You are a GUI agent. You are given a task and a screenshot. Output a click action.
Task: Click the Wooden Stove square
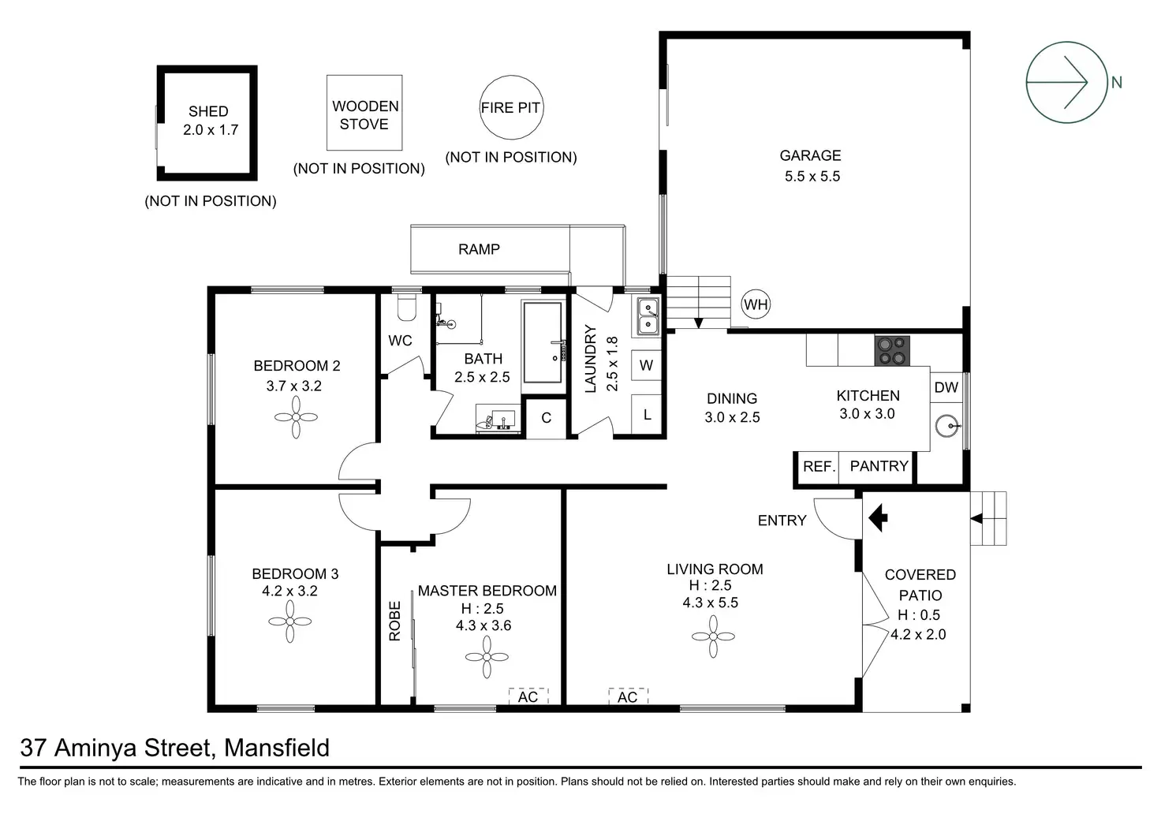point(327,113)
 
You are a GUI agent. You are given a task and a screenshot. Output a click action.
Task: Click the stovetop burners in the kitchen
point(892,351)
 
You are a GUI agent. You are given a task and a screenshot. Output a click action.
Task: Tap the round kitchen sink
point(947,426)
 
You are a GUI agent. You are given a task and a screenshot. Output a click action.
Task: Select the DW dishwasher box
point(946,387)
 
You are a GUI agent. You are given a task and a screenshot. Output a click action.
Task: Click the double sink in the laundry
point(648,316)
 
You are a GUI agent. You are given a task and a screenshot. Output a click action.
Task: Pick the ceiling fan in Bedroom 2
point(296,417)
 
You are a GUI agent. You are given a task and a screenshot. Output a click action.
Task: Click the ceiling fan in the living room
point(713,636)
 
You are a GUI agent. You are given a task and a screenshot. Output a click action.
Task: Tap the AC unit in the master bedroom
point(528,696)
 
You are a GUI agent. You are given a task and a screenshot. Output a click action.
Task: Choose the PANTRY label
point(879,466)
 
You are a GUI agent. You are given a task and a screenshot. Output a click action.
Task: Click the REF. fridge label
point(819,466)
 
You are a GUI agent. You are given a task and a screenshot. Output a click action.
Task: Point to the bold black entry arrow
point(878,517)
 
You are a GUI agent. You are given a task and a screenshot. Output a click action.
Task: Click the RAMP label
point(479,249)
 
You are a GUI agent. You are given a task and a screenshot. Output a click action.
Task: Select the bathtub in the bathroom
point(543,342)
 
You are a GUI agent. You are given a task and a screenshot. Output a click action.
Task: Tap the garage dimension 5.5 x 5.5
point(812,176)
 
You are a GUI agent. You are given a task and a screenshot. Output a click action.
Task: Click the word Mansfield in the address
point(276,748)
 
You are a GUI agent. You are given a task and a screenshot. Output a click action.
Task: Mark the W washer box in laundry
point(646,365)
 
